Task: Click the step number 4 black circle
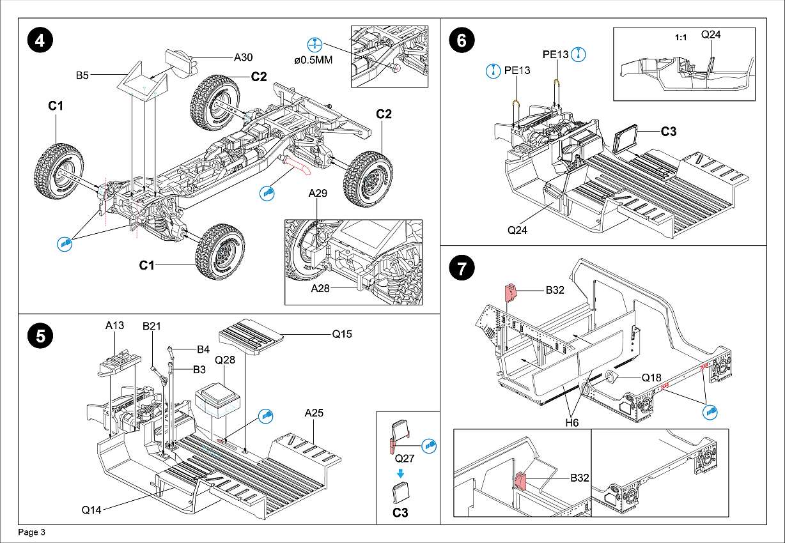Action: (40, 40)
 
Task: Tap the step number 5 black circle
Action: (40, 337)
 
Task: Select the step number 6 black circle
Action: (462, 40)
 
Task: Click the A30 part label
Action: (243, 57)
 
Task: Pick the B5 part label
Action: (82, 75)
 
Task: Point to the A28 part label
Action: (320, 289)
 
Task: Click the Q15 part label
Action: (341, 333)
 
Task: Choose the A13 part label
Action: (114, 325)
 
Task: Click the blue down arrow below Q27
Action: (400, 473)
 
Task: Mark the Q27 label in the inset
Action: (405, 458)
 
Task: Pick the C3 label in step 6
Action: (669, 132)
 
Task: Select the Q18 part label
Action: (651, 378)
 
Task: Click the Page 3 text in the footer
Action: (32, 532)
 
